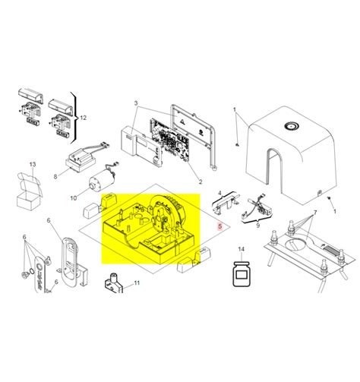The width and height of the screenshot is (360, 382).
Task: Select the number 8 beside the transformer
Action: pos(55,176)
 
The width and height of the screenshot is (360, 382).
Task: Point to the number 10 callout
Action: pos(74,198)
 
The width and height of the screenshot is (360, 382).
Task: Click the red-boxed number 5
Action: pos(220,226)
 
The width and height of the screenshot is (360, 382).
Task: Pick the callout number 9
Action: pos(257,226)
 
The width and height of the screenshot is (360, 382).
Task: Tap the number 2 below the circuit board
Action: pos(201,182)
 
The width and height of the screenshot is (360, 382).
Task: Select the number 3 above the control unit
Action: pos(136,103)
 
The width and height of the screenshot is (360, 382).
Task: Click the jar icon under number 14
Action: pos(242,275)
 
